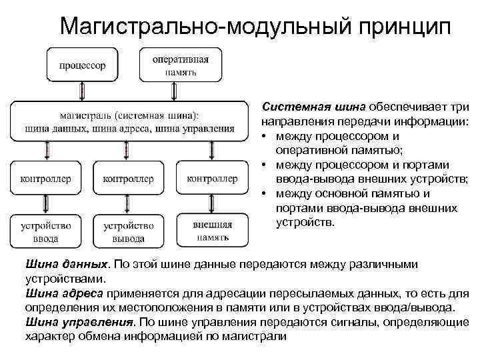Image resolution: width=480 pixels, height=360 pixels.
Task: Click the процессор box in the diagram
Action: (x=82, y=65)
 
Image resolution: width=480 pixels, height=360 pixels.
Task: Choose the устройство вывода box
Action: (x=129, y=231)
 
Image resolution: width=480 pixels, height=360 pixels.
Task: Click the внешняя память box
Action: (x=213, y=231)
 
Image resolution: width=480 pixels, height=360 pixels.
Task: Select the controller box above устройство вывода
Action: (x=129, y=179)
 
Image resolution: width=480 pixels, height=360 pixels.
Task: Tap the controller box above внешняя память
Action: (x=213, y=178)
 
